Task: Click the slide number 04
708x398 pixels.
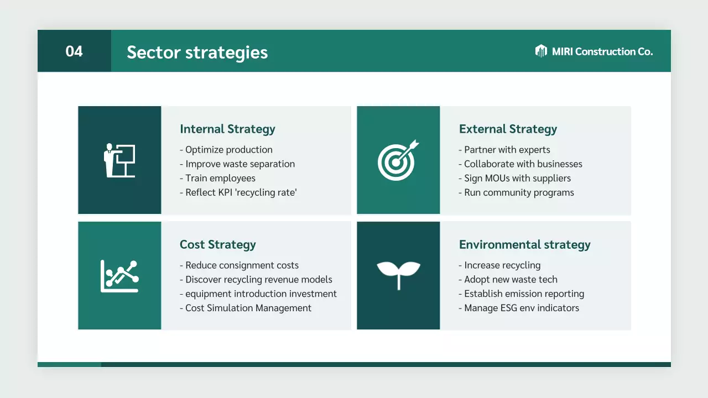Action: pos(74,51)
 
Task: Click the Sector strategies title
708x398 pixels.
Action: pos(197,53)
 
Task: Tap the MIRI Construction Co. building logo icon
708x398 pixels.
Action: pos(541,51)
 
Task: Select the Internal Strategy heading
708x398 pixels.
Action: pos(227,129)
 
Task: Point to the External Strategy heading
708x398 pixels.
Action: pos(508,129)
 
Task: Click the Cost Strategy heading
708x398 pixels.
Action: pos(217,245)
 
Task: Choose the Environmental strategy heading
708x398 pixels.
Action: pos(524,245)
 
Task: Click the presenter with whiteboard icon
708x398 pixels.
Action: pos(119,160)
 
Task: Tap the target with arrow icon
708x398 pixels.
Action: pos(398,160)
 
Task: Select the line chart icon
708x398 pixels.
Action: pos(119,276)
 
